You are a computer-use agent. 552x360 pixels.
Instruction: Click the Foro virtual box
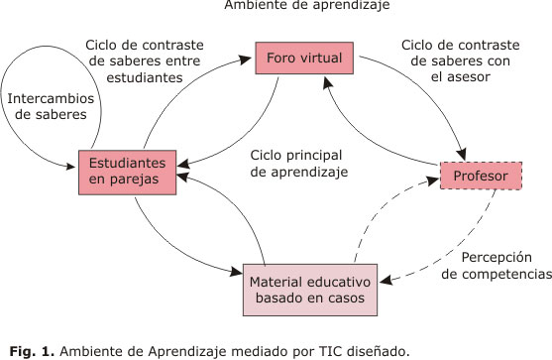[302, 59]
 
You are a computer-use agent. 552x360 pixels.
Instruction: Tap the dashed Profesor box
[481, 178]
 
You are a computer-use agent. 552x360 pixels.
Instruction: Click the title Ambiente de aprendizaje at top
[278, 5]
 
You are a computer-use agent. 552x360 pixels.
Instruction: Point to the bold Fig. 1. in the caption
[28, 349]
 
